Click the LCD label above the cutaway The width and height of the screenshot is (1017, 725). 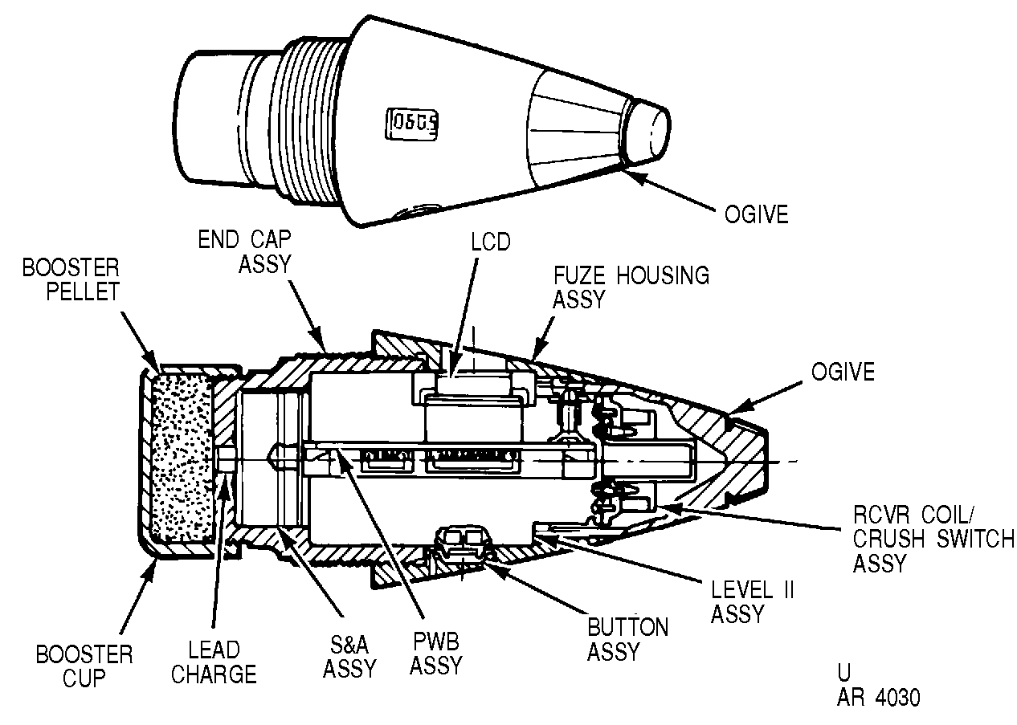tap(490, 242)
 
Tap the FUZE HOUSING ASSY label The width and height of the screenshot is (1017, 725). tap(631, 287)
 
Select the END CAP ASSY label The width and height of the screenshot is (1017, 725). tap(244, 251)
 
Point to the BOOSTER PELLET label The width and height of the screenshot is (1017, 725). tap(71, 279)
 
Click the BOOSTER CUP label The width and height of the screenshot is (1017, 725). tap(84, 666)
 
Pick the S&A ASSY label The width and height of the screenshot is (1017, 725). tap(349, 657)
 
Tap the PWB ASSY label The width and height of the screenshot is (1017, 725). tap(435, 654)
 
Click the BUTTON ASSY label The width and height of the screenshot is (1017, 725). tap(627, 639)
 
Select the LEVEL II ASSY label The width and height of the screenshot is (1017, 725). tap(753, 601)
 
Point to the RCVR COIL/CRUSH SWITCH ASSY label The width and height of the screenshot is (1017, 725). tap(933, 539)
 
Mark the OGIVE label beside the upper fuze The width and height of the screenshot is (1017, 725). tap(756, 214)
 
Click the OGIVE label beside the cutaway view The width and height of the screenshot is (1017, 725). tap(843, 372)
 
